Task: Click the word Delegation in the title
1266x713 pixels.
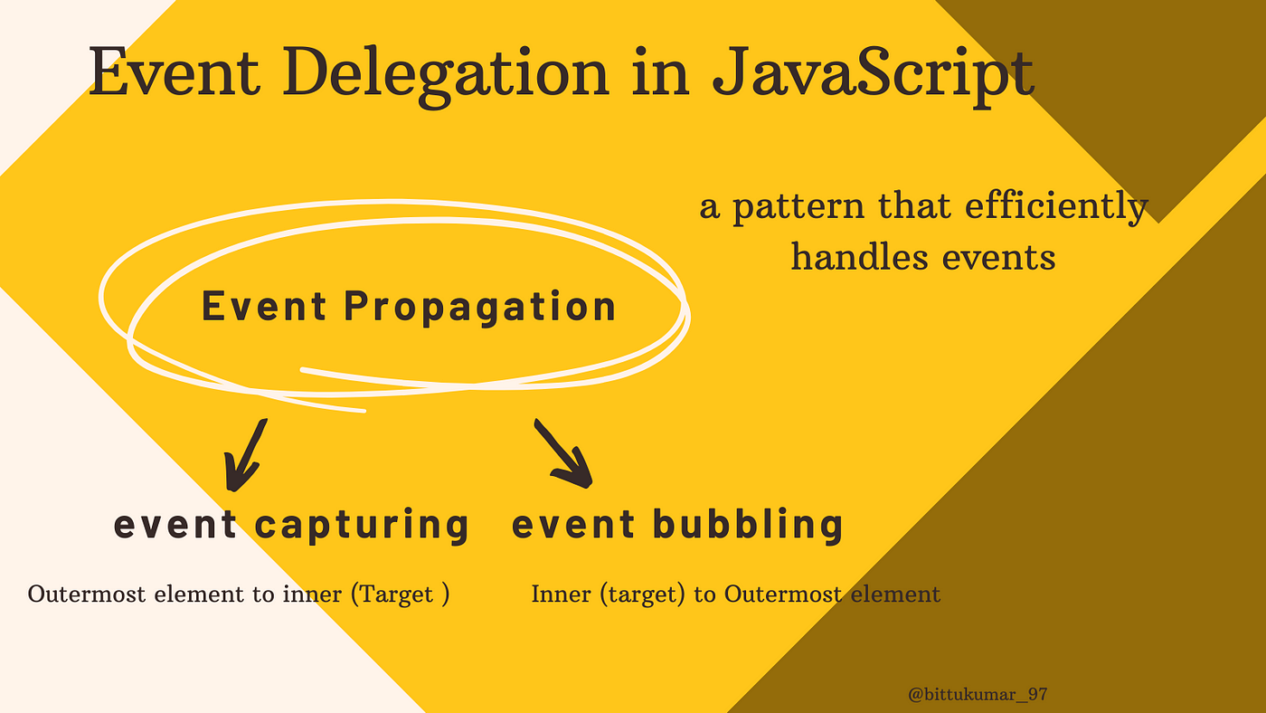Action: [x=445, y=74]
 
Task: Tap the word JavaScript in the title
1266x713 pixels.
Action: [x=874, y=74]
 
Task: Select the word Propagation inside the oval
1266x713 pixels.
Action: [x=480, y=308]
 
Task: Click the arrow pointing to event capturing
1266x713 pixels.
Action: [x=245, y=456]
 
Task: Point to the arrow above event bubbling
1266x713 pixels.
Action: [x=563, y=453]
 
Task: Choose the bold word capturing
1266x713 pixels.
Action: [x=362, y=526]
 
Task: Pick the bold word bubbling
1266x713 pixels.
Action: [x=748, y=525]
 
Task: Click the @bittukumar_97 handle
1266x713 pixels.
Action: [x=978, y=694]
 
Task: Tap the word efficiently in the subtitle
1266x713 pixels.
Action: [x=1056, y=207]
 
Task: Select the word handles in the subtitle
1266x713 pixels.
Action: [x=859, y=257]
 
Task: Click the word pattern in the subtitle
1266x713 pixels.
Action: [x=798, y=208]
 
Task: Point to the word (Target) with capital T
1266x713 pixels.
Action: [x=400, y=594]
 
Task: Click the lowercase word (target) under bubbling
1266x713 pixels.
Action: [x=642, y=594]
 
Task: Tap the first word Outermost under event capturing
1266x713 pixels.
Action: [x=87, y=594]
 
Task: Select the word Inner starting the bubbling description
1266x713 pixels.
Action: [x=561, y=594]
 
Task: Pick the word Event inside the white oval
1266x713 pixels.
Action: [x=264, y=306]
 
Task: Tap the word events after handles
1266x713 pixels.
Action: [x=999, y=259]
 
